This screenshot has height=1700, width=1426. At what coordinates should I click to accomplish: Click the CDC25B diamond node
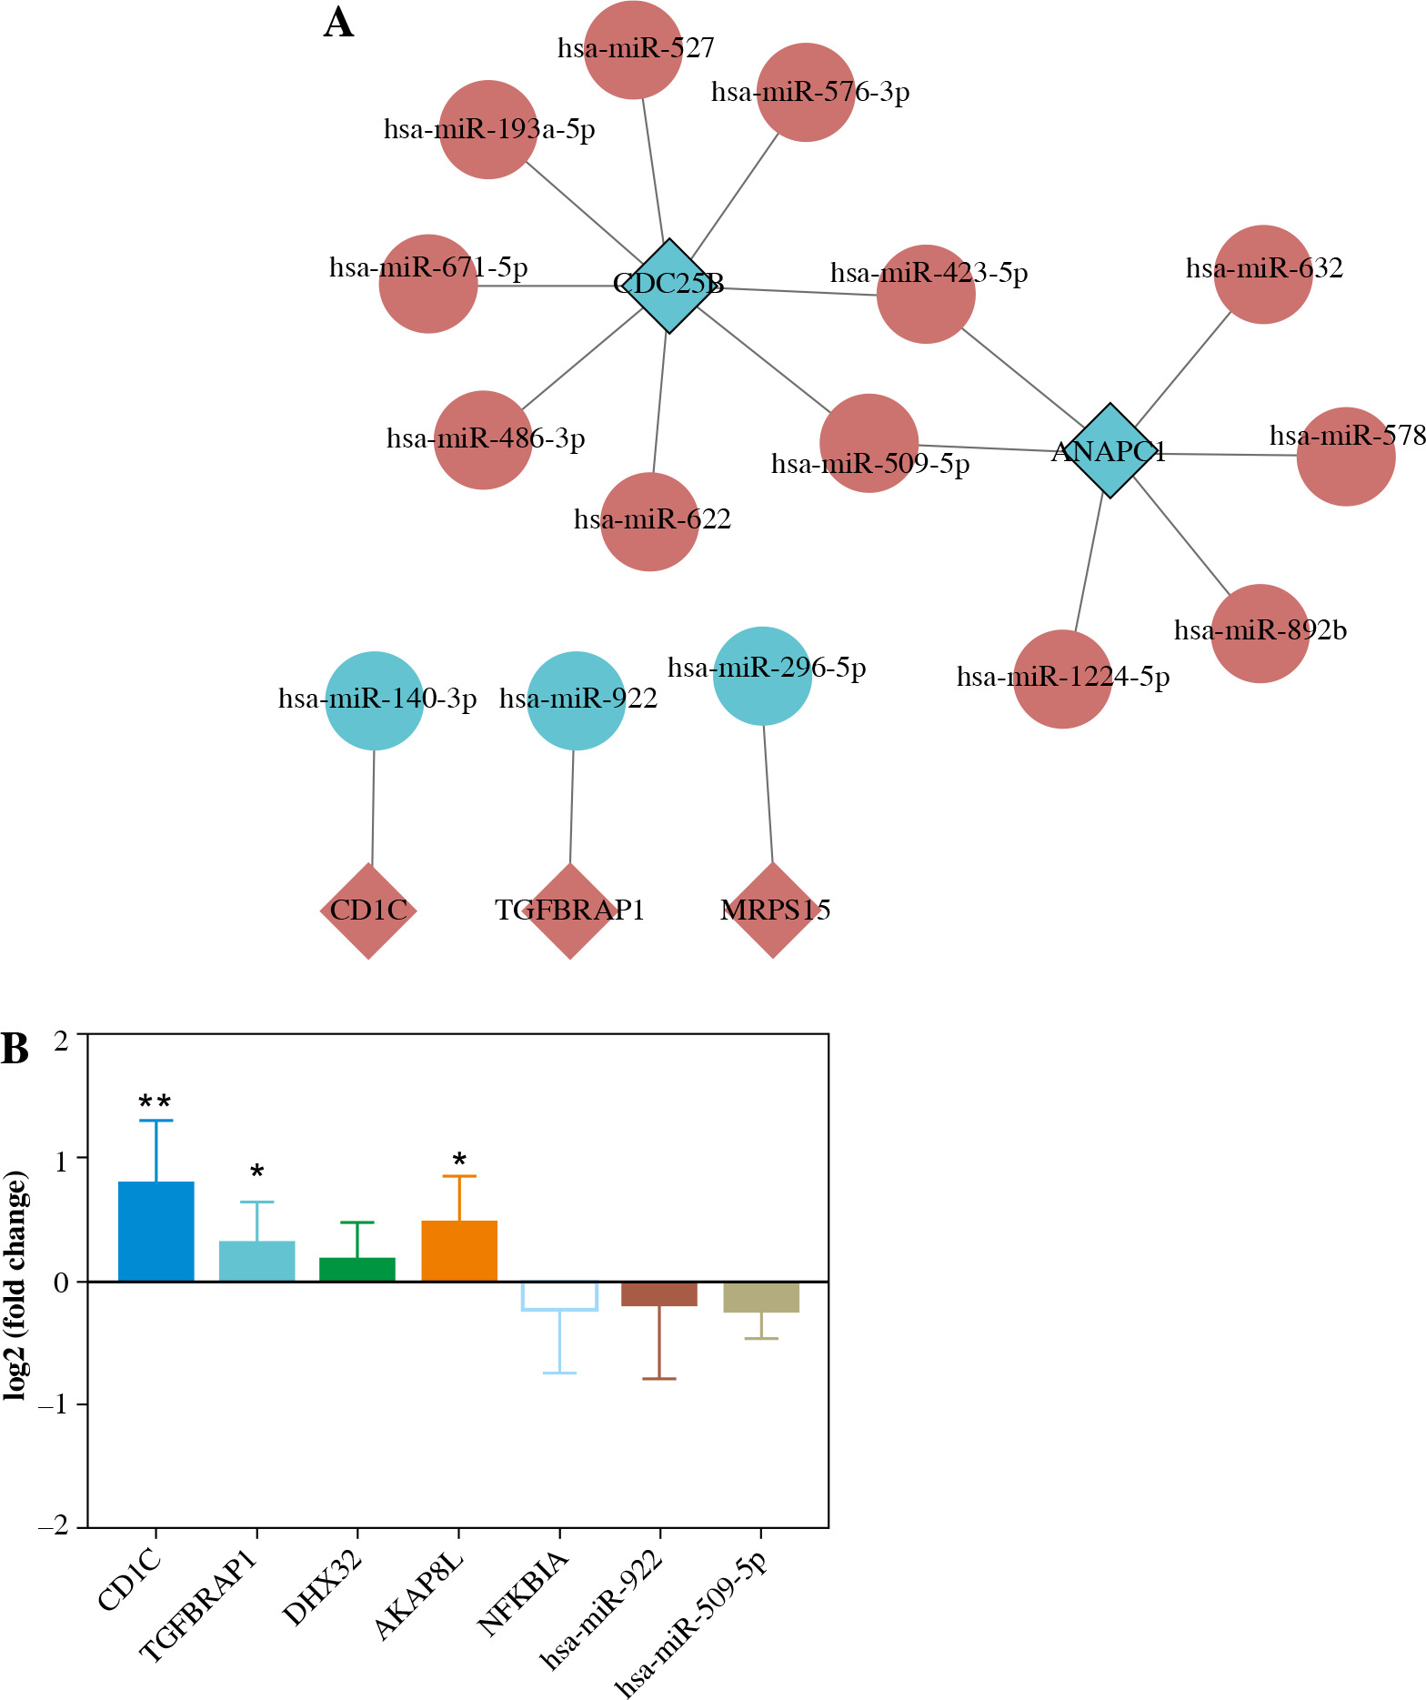point(669,286)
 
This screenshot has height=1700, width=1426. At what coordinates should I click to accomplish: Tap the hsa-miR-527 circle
point(633,50)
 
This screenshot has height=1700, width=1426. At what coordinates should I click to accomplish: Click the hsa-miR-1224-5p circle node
point(1062,679)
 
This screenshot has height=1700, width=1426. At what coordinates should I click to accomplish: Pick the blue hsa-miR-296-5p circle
point(762,676)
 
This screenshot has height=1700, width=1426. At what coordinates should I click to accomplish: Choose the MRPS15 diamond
point(773,910)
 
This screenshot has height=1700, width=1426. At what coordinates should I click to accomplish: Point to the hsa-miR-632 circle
point(1263,274)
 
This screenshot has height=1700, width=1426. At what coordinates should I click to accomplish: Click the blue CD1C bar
point(156,1232)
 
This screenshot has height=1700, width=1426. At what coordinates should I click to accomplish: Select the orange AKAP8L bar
point(459,1251)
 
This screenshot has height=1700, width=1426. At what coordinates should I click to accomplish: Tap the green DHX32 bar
point(357,1270)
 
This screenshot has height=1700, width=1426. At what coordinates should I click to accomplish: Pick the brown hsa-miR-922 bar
point(660,1293)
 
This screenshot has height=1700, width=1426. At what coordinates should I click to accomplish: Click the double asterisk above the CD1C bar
point(156,1102)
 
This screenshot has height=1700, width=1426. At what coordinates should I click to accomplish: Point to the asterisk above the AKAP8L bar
point(459,1160)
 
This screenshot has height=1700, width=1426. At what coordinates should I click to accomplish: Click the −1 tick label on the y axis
point(54,1405)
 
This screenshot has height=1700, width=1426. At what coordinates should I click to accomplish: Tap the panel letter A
point(338,23)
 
